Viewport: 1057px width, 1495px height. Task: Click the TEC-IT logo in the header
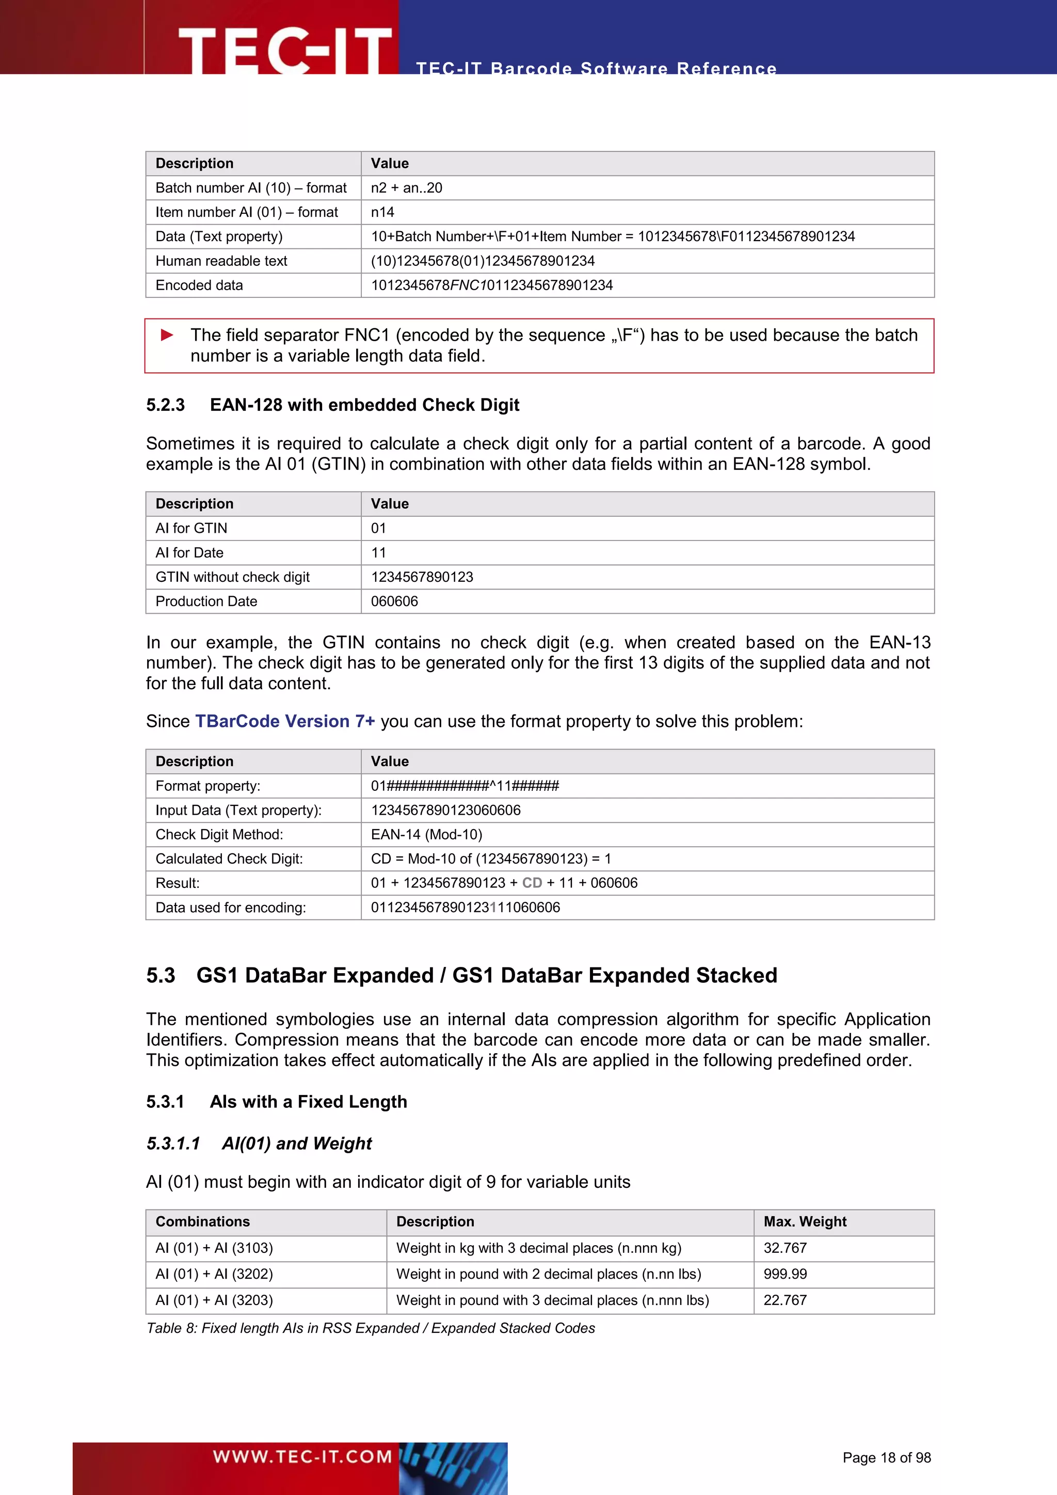pyautogui.click(x=284, y=50)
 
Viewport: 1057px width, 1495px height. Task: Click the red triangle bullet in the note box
pyautogui.click(x=167, y=336)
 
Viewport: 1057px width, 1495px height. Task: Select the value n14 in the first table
pyautogui.click(x=383, y=212)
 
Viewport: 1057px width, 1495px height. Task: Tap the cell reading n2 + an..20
pyautogui.click(x=406, y=188)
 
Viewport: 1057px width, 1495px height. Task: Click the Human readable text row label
pyautogui.click(x=221, y=261)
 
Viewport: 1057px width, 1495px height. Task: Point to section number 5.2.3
pyautogui.click(x=165, y=405)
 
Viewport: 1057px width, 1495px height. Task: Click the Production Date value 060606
pyautogui.click(x=394, y=601)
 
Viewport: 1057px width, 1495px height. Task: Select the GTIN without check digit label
pyautogui.click(x=232, y=577)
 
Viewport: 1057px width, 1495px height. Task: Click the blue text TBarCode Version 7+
pyautogui.click(x=285, y=722)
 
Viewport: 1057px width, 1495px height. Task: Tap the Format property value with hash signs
pyautogui.click(x=465, y=786)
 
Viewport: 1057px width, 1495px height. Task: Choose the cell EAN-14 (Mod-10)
pyautogui.click(x=426, y=835)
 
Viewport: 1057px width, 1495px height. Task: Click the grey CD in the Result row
pyautogui.click(x=532, y=883)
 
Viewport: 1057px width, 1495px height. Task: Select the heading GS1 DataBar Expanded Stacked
pyautogui.click(x=486, y=975)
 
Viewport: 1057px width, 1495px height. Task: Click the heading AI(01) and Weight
pyautogui.click(x=297, y=1143)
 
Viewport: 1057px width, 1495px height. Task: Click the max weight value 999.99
pyautogui.click(x=785, y=1274)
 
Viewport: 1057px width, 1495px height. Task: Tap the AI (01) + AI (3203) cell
pyautogui.click(x=214, y=1300)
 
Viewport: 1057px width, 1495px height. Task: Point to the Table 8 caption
pyautogui.click(x=371, y=1328)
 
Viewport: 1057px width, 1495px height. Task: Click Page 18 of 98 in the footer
pyautogui.click(x=887, y=1457)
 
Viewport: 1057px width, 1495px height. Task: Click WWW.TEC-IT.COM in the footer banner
pyautogui.click(x=302, y=1457)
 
